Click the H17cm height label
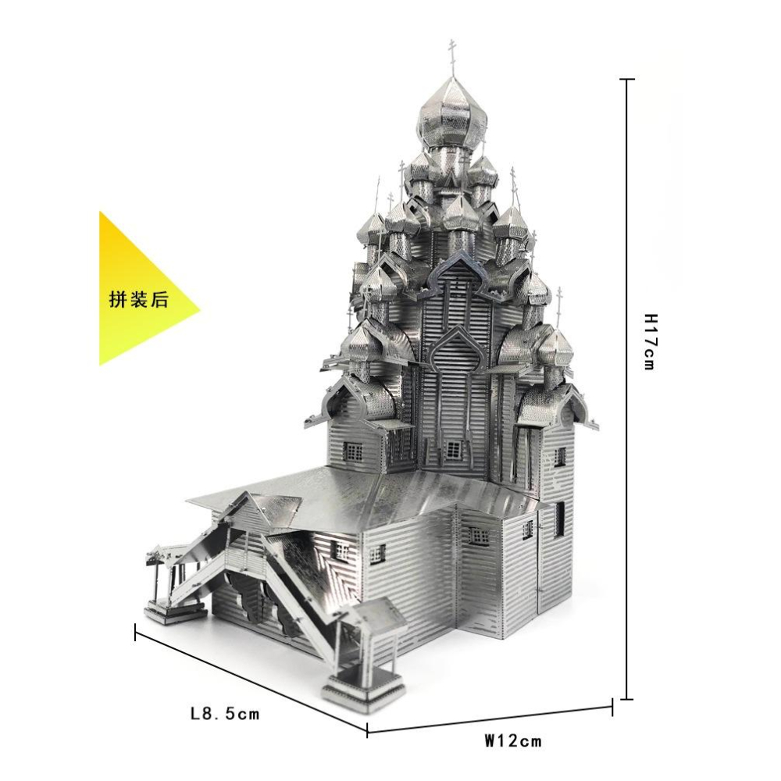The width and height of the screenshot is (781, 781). (x=651, y=341)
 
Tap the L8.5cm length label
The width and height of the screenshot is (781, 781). (x=225, y=714)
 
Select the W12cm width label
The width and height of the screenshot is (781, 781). (x=513, y=740)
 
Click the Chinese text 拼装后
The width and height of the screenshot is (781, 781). (x=139, y=300)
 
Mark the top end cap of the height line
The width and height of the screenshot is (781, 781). (x=626, y=79)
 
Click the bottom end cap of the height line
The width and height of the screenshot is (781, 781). (x=626, y=699)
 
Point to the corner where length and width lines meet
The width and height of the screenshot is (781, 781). (x=367, y=730)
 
